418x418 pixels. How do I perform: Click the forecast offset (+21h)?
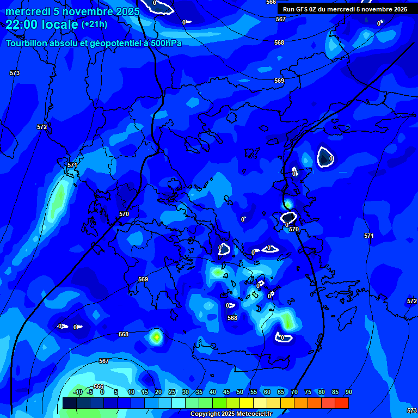pyautogui.click(x=94, y=24)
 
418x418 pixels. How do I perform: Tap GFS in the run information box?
pyautogui.click(x=303, y=9)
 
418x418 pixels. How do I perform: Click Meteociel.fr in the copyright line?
pyautogui.click(x=254, y=414)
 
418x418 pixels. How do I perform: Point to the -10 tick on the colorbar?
pyautogui.click(x=77, y=392)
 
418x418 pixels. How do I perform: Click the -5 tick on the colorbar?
pyautogui.click(x=90, y=392)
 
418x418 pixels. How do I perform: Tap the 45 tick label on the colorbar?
pyautogui.click(x=226, y=392)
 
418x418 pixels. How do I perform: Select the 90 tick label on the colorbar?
pyautogui.click(x=348, y=392)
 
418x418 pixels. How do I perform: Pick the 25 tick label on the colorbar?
pyautogui.click(x=171, y=392)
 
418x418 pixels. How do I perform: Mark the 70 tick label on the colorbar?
pyautogui.click(x=294, y=392)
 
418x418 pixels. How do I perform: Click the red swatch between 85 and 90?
pyautogui.click(x=341, y=403)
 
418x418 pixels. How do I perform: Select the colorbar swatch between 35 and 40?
pyautogui.click(x=205, y=403)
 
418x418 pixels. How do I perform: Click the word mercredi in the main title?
pyautogui.click(x=27, y=11)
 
